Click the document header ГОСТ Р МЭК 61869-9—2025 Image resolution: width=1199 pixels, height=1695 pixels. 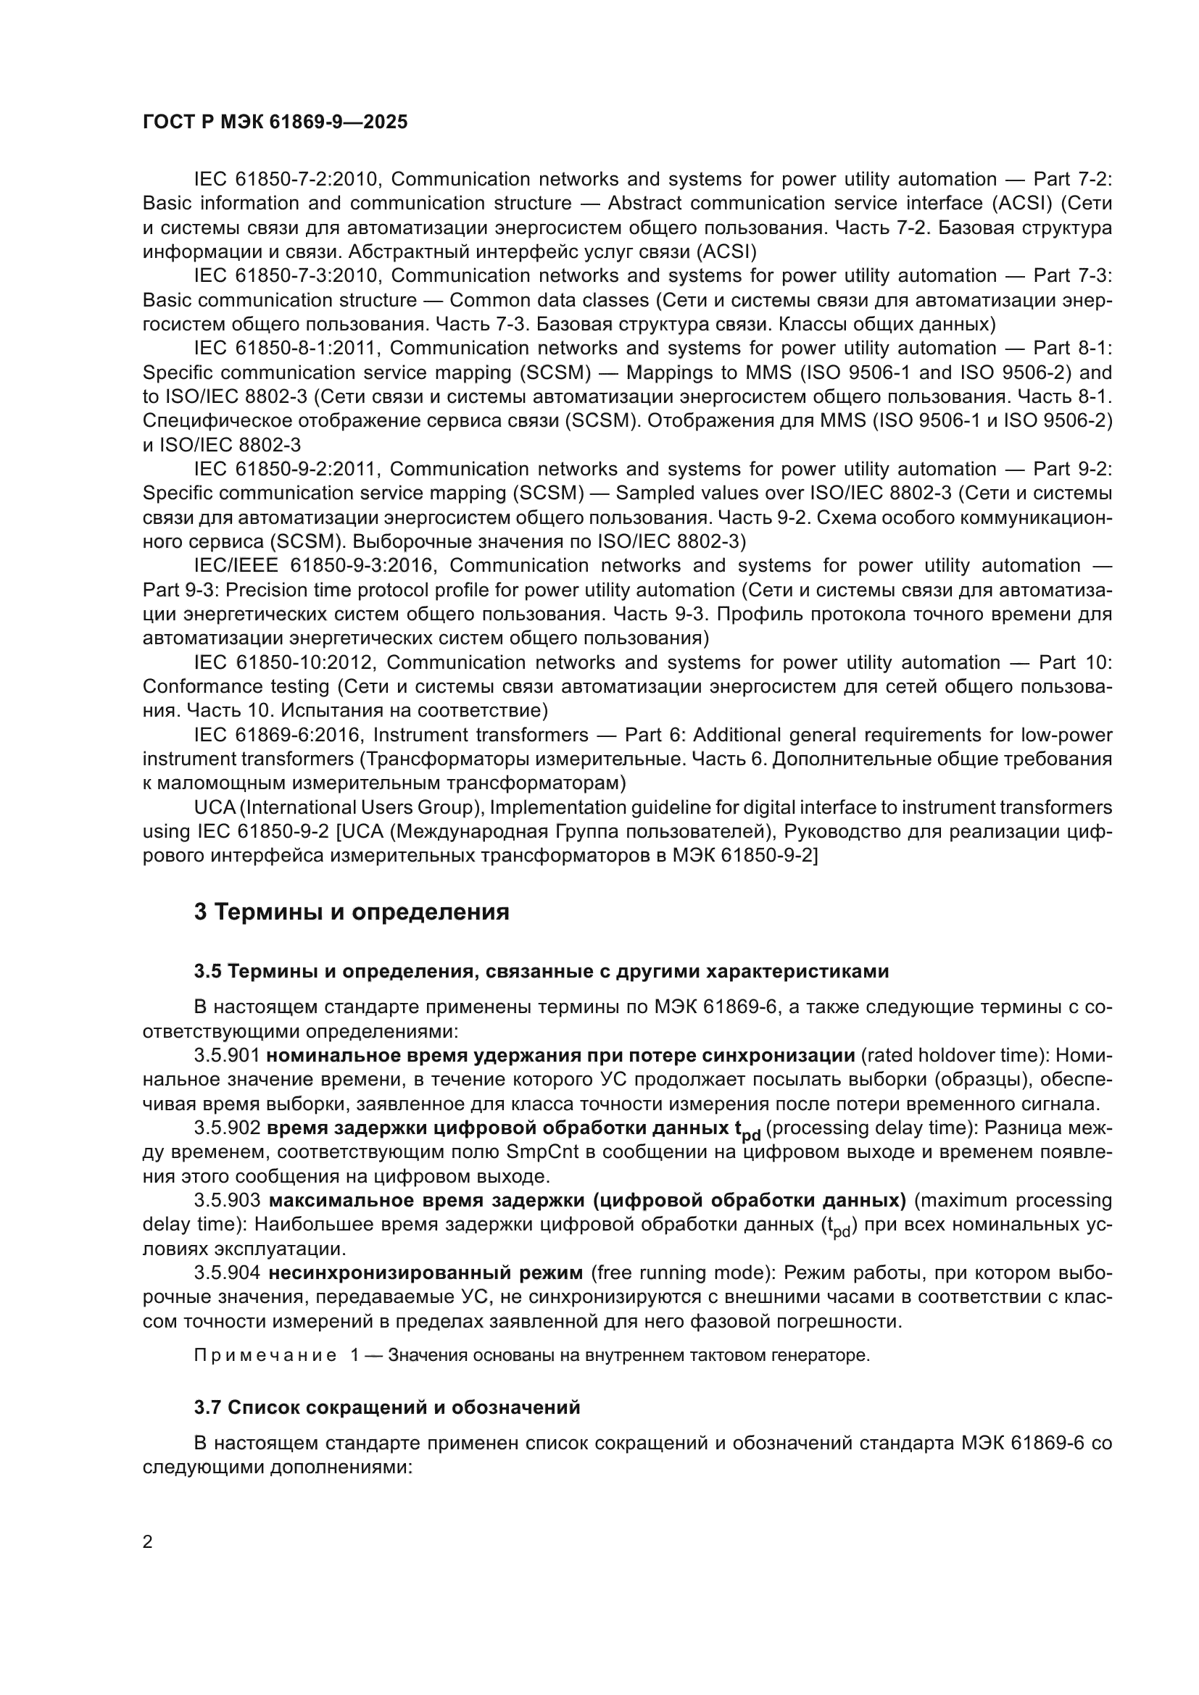click(275, 122)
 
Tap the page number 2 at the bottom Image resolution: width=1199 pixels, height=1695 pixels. click(148, 1542)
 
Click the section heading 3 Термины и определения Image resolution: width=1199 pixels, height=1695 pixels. click(352, 912)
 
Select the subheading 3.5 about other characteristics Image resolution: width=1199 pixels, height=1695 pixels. click(542, 972)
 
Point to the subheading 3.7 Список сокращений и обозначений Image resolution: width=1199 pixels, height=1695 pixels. click(387, 1408)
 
